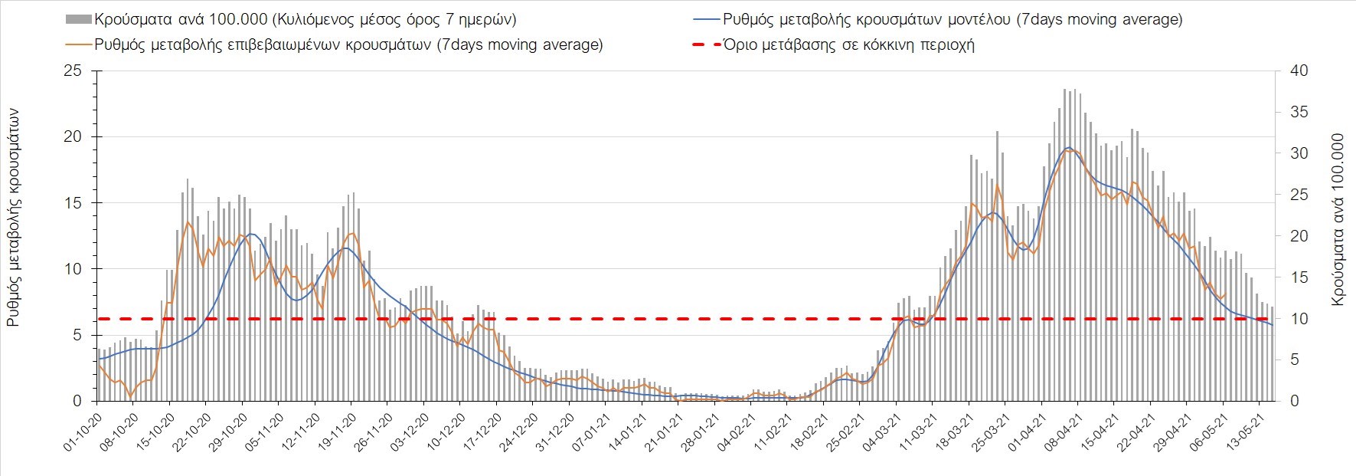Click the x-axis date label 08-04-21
(1061, 433)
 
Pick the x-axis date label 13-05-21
(1243, 433)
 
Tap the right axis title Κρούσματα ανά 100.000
(1338, 221)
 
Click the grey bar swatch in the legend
(79, 19)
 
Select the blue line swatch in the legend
(706, 19)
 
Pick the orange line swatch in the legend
(79, 44)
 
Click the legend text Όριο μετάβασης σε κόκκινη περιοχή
(848, 44)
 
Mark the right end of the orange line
(1226, 294)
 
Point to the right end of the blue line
(1273, 325)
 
